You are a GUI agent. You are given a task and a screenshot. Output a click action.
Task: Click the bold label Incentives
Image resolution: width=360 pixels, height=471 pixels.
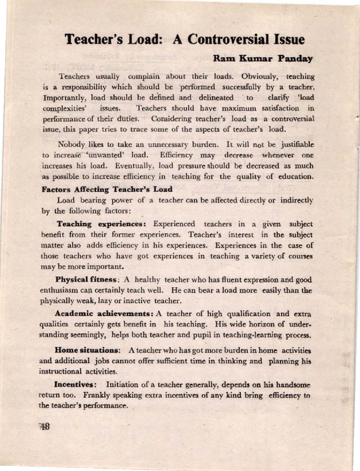click(x=77, y=384)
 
